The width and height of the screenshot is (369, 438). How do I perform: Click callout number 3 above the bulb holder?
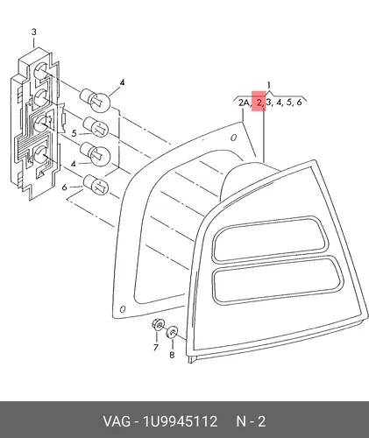click(x=34, y=32)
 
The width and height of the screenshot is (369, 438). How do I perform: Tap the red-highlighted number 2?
click(x=259, y=102)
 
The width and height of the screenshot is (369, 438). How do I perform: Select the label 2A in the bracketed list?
click(x=244, y=102)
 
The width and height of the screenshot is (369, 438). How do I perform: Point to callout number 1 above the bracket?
click(x=269, y=85)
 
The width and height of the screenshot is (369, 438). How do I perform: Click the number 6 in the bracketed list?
click(x=299, y=102)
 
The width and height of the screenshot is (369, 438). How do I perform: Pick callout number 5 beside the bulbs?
click(x=75, y=133)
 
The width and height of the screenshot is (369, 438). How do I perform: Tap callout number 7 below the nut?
click(x=155, y=347)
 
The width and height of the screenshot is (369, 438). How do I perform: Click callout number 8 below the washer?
click(x=172, y=355)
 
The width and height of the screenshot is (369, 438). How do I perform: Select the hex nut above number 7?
click(x=158, y=325)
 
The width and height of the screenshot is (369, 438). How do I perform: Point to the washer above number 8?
click(x=172, y=332)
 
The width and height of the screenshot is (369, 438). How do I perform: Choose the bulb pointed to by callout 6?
click(x=96, y=185)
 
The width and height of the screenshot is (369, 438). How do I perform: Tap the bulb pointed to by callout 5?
click(x=96, y=127)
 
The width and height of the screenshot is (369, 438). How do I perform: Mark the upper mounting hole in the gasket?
click(x=233, y=138)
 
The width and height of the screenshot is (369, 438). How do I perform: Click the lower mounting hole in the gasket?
click(x=123, y=308)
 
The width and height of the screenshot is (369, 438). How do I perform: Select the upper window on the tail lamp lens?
click(x=269, y=238)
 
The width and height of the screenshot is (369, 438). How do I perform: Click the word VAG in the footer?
click(x=117, y=421)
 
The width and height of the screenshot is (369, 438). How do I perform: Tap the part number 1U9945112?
click(x=180, y=421)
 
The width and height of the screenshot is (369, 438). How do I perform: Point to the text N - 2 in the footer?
click(x=251, y=421)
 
